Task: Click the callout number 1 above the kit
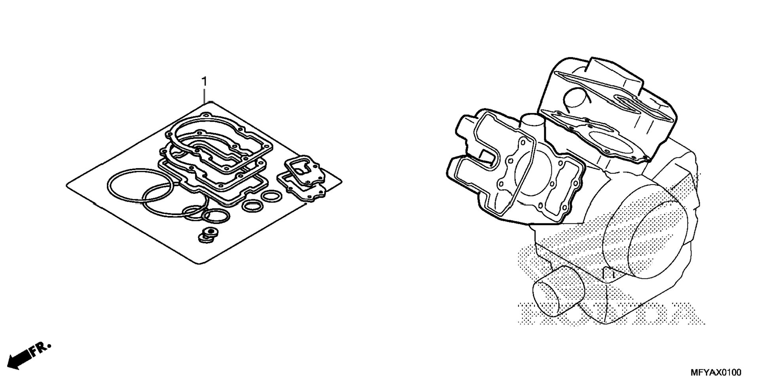point(204,81)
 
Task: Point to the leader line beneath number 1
point(204,95)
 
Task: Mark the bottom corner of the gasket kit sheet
point(201,263)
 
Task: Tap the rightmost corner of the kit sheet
point(341,181)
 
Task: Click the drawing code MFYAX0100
point(716,372)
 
